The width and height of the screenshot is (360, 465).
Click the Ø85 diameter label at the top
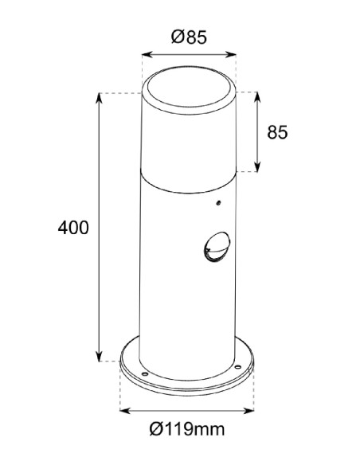(190, 36)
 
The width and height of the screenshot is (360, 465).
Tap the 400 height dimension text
(73, 228)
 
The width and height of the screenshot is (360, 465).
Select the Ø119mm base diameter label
(186, 431)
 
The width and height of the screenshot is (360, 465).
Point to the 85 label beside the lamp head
(278, 132)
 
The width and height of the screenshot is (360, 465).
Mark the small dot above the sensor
(216, 205)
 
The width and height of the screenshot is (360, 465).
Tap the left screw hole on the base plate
(144, 371)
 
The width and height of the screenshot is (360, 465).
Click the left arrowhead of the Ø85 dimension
(144, 55)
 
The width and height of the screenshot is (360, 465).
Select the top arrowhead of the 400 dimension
(99, 96)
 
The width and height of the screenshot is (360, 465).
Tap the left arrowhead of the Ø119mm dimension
(122, 412)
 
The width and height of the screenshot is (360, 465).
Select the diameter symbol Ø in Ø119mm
(155, 431)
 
